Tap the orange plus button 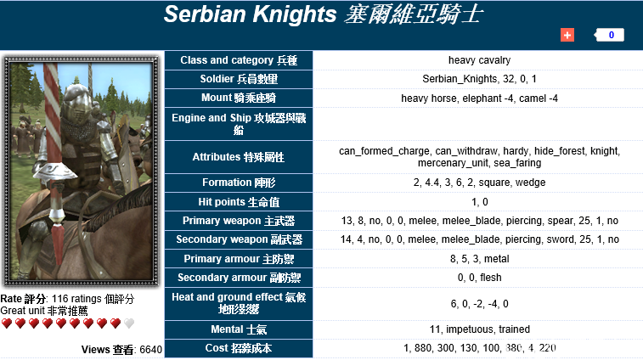click(567, 35)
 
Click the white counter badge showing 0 click(610, 35)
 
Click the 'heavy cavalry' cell click(479, 60)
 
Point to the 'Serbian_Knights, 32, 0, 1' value click(479, 79)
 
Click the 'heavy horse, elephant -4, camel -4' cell click(479, 98)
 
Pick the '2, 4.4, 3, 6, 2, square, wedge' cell click(479, 183)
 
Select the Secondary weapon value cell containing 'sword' click(479, 239)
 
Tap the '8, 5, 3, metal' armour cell click(479, 258)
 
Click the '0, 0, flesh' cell click(479, 278)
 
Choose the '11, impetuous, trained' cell click(479, 329)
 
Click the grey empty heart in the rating click(129, 323)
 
